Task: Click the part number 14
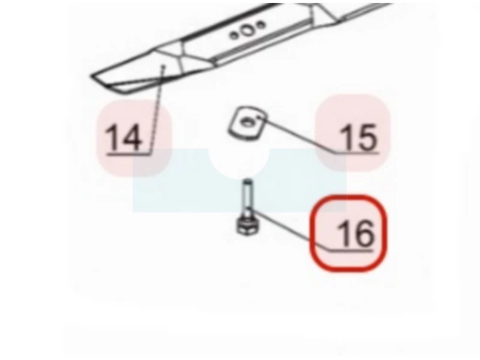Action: pyautogui.click(x=124, y=137)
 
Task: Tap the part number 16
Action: pyautogui.click(x=355, y=233)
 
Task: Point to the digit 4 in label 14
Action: pyautogui.click(x=131, y=137)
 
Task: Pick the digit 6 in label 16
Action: pyautogui.click(x=364, y=233)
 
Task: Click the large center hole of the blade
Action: pyautogui.click(x=247, y=31)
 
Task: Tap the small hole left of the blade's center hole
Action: pyautogui.click(x=233, y=35)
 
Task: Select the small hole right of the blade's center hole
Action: pyautogui.click(x=260, y=25)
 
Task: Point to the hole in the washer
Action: pyautogui.click(x=247, y=122)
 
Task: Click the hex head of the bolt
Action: pyautogui.click(x=248, y=227)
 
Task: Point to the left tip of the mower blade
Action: pyautogui.click(x=91, y=76)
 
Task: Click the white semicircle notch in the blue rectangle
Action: pyautogui.click(x=239, y=164)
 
